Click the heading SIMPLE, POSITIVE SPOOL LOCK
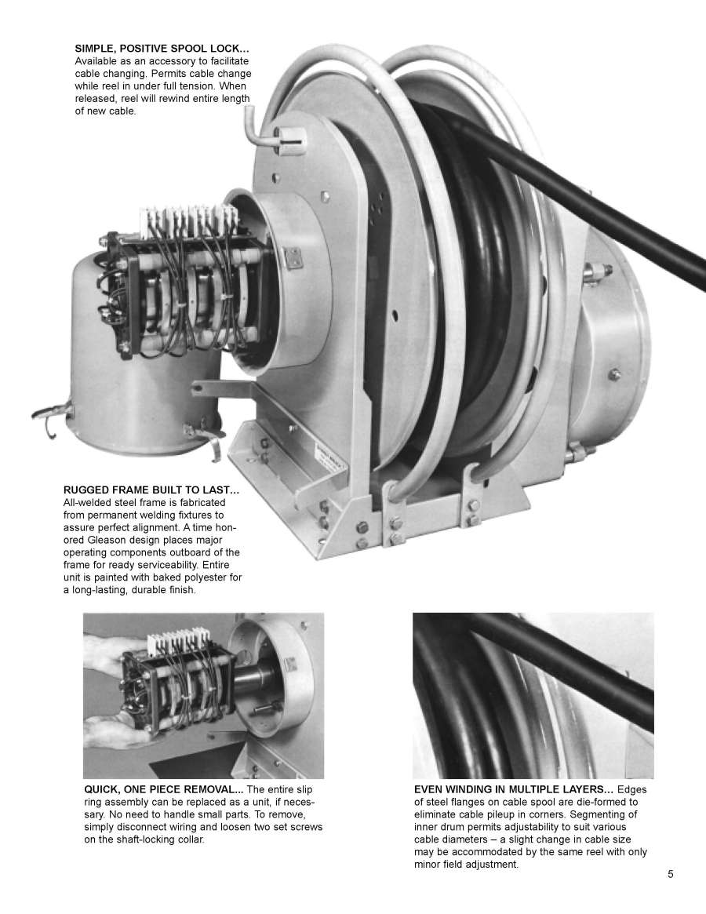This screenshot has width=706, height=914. click(151, 49)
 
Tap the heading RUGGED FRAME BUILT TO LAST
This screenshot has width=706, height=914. click(151, 490)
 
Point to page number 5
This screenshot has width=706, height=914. click(671, 874)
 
